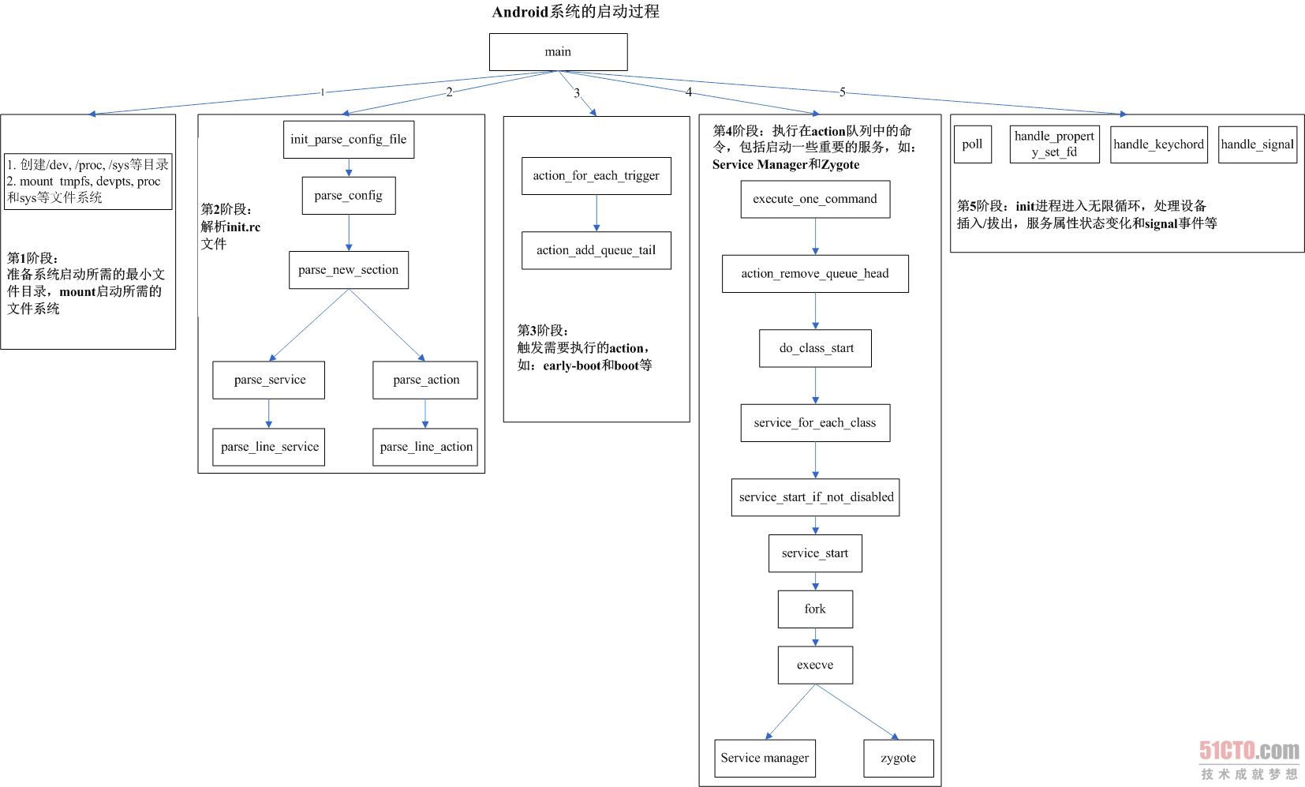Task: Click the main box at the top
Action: (558, 52)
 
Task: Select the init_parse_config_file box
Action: (349, 140)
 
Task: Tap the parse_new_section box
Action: (349, 270)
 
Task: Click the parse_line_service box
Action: (268, 447)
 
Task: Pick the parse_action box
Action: (425, 380)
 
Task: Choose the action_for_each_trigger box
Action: (596, 176)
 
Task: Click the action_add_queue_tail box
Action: (596, 251)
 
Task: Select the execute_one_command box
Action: (815, 200)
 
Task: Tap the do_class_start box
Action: (815, 349)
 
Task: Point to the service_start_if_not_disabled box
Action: (815, 497)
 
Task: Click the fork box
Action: (815, 609)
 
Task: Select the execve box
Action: (815, 665)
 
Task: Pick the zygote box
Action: (899, 759)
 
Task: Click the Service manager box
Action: (765, 759)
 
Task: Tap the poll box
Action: (972, 144)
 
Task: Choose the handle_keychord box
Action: (1158, 144)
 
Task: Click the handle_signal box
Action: (1257, 144)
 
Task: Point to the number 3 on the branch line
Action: (577, 92)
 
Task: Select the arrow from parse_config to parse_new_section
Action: (349, 233)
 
